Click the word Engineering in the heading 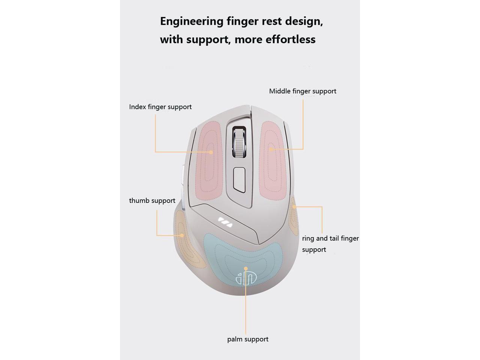pos(192,21)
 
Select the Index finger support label pos(160,107)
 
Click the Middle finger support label pos(303,91)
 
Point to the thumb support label pos(152,201)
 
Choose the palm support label pos(247,339)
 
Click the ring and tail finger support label pos(330,244)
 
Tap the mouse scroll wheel pos(239,142)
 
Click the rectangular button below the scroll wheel pos(239,179)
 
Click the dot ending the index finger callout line pos(211,152)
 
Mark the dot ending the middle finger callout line pos(271,149)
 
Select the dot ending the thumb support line pos(182,235)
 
